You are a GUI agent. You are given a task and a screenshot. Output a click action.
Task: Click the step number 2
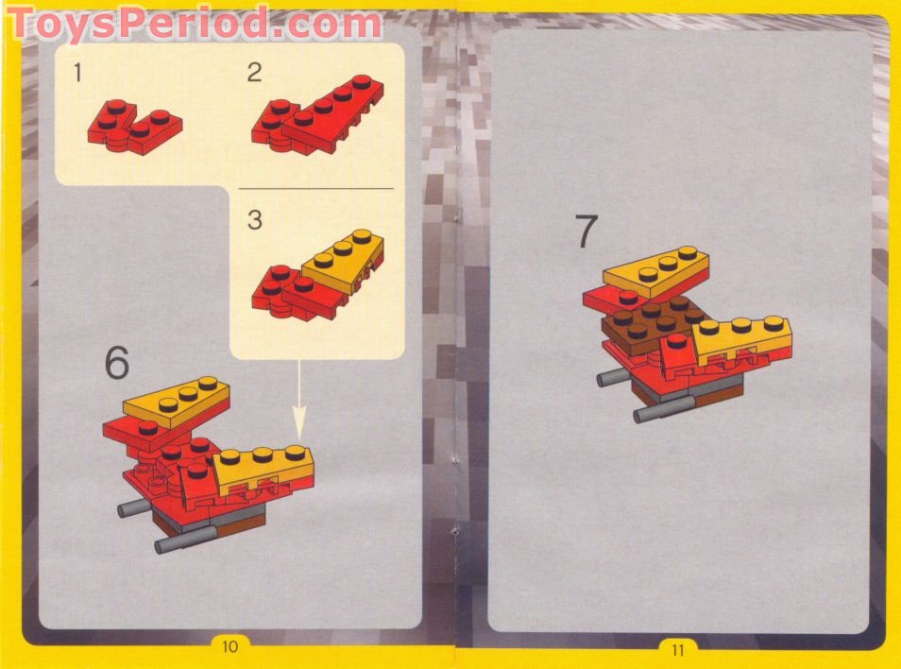coord(254,73)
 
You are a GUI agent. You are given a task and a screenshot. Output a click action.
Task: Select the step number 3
coord(255,220)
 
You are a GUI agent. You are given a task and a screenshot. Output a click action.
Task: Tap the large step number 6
coord(117,363)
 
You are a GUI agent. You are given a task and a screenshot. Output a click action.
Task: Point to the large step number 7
coord(586,232)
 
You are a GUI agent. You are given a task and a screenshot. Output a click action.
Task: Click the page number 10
coord(229,646)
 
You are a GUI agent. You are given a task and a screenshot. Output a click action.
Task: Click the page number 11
coord(677,648)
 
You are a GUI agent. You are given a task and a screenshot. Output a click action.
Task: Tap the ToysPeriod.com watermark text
coord(194,24)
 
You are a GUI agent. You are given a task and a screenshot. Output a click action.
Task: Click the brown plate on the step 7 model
coord(652,321)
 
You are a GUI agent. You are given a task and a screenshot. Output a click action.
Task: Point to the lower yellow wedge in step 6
coord(265,467)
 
